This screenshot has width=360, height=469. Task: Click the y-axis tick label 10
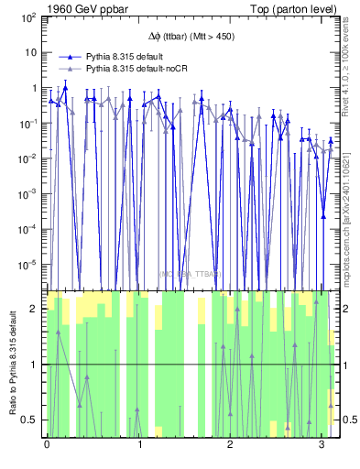(29, 53)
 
